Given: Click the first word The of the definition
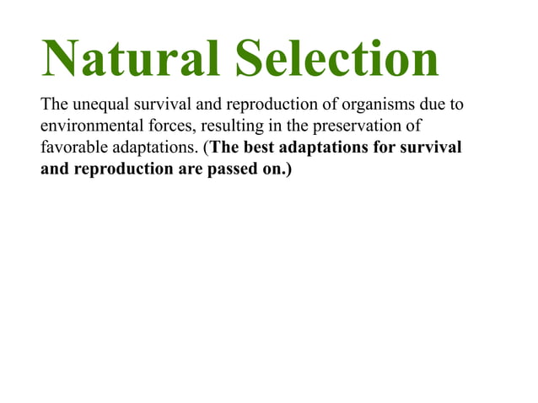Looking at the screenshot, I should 53,107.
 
